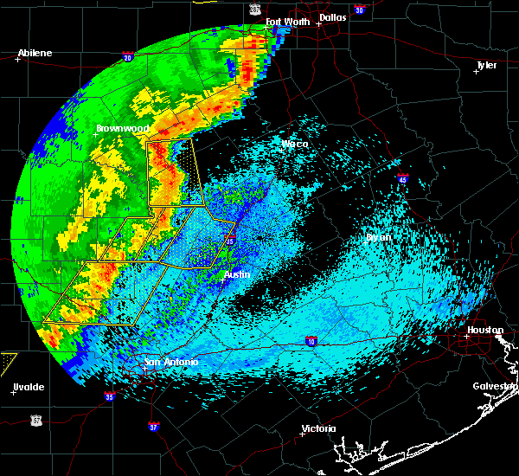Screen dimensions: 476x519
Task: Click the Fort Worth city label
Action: coord(286,21)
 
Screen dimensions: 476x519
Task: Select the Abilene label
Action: coord(35,53)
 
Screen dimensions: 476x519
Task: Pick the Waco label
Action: coord(294,144)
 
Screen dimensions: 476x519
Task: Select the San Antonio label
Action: coord(171,362)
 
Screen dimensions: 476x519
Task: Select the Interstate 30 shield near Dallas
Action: coord(360,10)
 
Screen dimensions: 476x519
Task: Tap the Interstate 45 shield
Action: coord(402,178)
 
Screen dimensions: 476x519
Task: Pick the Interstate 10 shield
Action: coord(311,341)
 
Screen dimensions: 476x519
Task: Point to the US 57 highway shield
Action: coord(35,420)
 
